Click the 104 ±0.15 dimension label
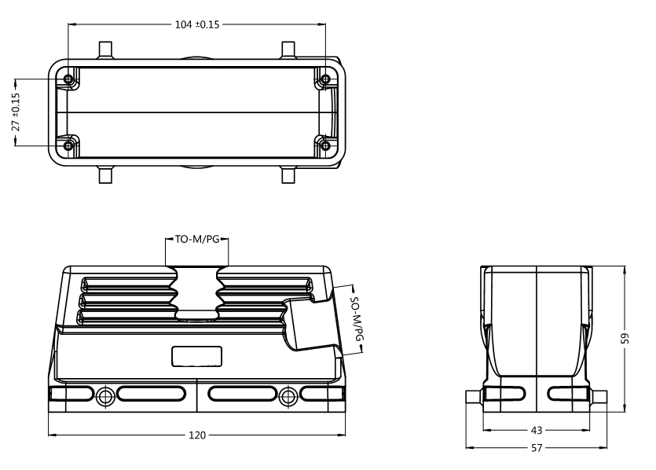(196, 24)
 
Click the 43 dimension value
(537, 431)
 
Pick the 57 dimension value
(537, 448)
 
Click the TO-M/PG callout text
(196, 240)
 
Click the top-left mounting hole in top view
(70, 80)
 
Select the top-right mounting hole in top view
(325, 80)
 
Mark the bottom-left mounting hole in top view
(70, 145)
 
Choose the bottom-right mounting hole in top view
(325, 145)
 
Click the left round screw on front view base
(105, 395)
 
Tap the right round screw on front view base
(288, 395)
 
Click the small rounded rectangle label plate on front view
(196, 358)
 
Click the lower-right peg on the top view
(288, 174)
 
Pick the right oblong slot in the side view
(566, 394)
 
